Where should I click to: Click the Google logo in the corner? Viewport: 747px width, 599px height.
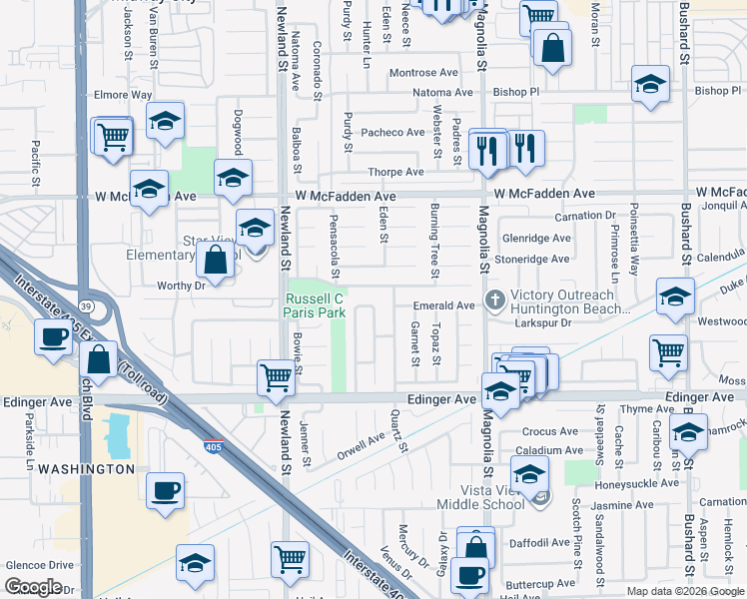click(34, 586)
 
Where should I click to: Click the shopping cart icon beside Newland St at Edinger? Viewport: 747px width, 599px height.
click(276, 377)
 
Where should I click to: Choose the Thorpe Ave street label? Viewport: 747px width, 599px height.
click(395, 172)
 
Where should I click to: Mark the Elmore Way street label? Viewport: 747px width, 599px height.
click(122, 96)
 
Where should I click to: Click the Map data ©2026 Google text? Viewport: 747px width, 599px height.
click(684, 591)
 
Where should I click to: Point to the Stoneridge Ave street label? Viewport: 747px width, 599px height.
click(536, 259)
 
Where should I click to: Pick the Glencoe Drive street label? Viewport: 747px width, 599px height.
click(40, 564)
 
